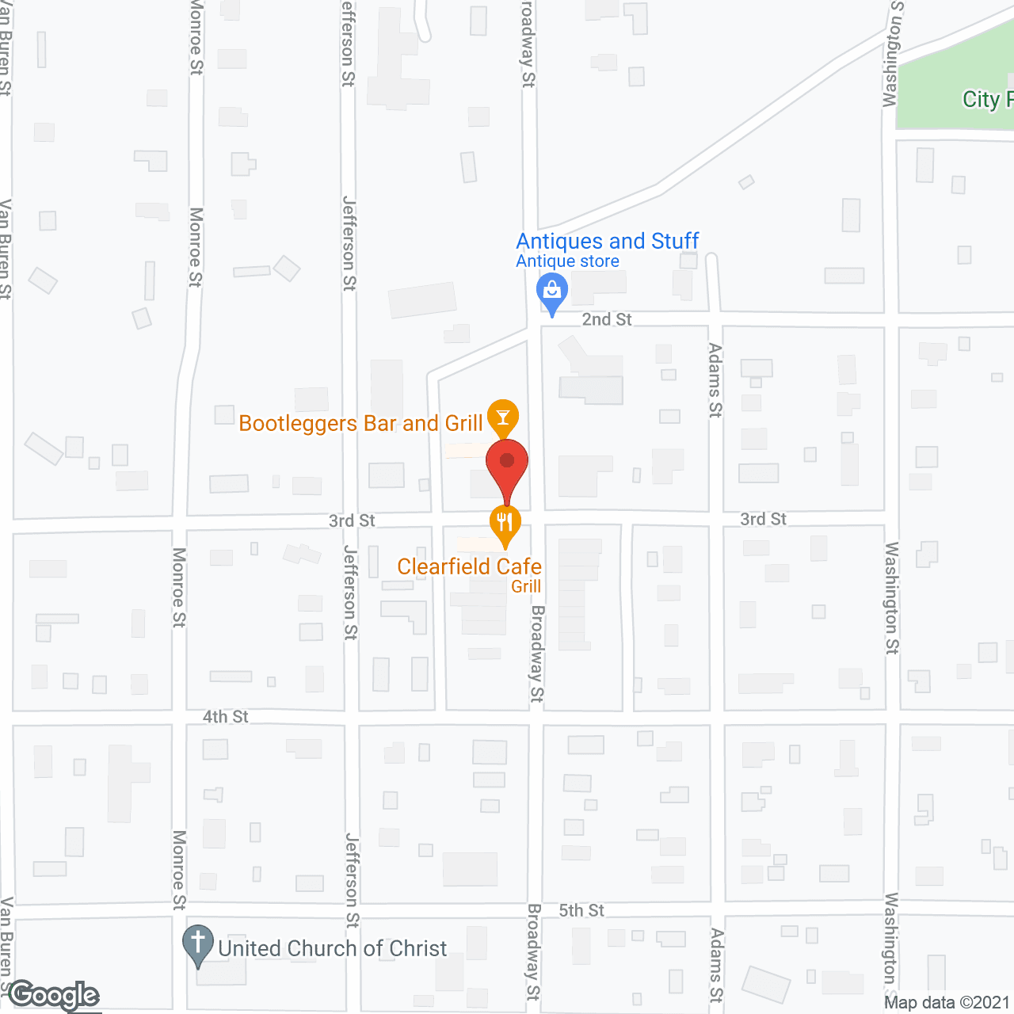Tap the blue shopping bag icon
pos(552,291)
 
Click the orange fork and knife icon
pos(505,523)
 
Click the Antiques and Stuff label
pos(608,241)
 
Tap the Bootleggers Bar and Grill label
pos(360,424)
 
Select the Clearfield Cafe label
pos(469,566)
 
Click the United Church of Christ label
pos(333,948)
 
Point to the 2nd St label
pos(607,319)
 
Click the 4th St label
pos(226,717)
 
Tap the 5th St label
pos(581,911)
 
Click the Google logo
pos(54,996)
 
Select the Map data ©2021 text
pos(947,1003)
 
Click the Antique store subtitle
pos(567,261)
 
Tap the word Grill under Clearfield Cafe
pos(526,586)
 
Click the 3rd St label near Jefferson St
pos(352,520)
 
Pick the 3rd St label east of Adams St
pos(763,519)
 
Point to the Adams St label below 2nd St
pos(715,380)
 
